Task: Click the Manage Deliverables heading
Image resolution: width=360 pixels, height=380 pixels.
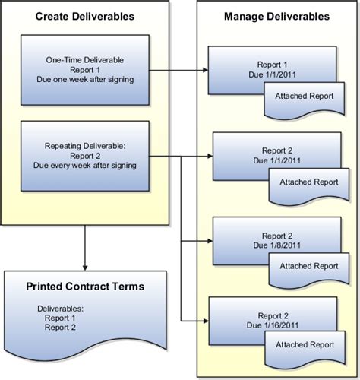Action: click(277, 16)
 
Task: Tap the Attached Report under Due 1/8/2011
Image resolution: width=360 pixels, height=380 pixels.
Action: click(309, 267)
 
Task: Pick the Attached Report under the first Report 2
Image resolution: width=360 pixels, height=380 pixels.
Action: click(309, 182)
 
